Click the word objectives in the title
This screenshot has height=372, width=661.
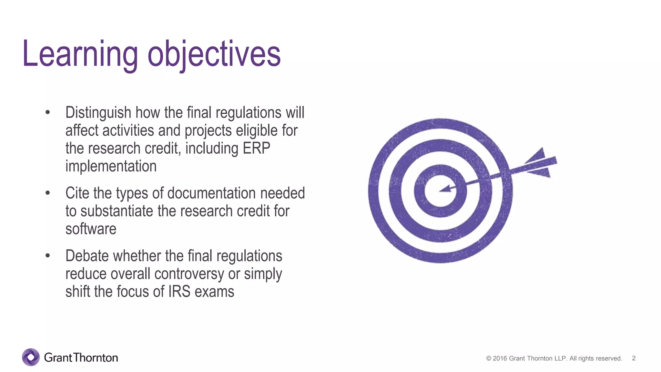214,54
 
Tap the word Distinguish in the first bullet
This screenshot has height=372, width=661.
98,113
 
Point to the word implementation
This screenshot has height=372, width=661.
111,166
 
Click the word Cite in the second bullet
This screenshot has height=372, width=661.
77,193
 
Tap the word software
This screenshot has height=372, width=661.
91,229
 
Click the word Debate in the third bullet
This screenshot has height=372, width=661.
87,256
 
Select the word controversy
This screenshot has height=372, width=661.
189,274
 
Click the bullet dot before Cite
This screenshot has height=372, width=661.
48,193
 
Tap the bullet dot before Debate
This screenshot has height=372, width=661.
48,256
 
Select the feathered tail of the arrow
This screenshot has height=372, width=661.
541,163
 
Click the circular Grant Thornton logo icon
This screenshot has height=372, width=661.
31,357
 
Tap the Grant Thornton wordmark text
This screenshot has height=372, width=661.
81,357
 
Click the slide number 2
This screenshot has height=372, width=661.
634,358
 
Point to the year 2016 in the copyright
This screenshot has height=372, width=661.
500,358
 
